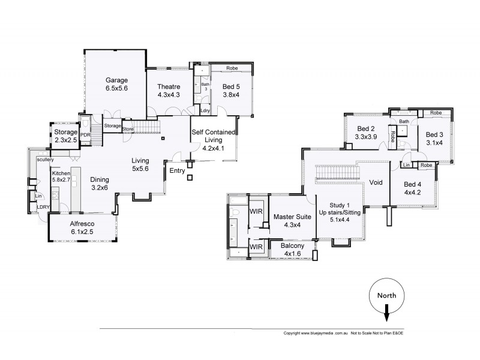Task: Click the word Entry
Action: click(x=177, y=171)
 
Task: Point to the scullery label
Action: click(x=45, y=160)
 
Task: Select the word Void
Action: click(x=376, y=182)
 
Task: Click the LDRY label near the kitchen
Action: click(x=43, y=207)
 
